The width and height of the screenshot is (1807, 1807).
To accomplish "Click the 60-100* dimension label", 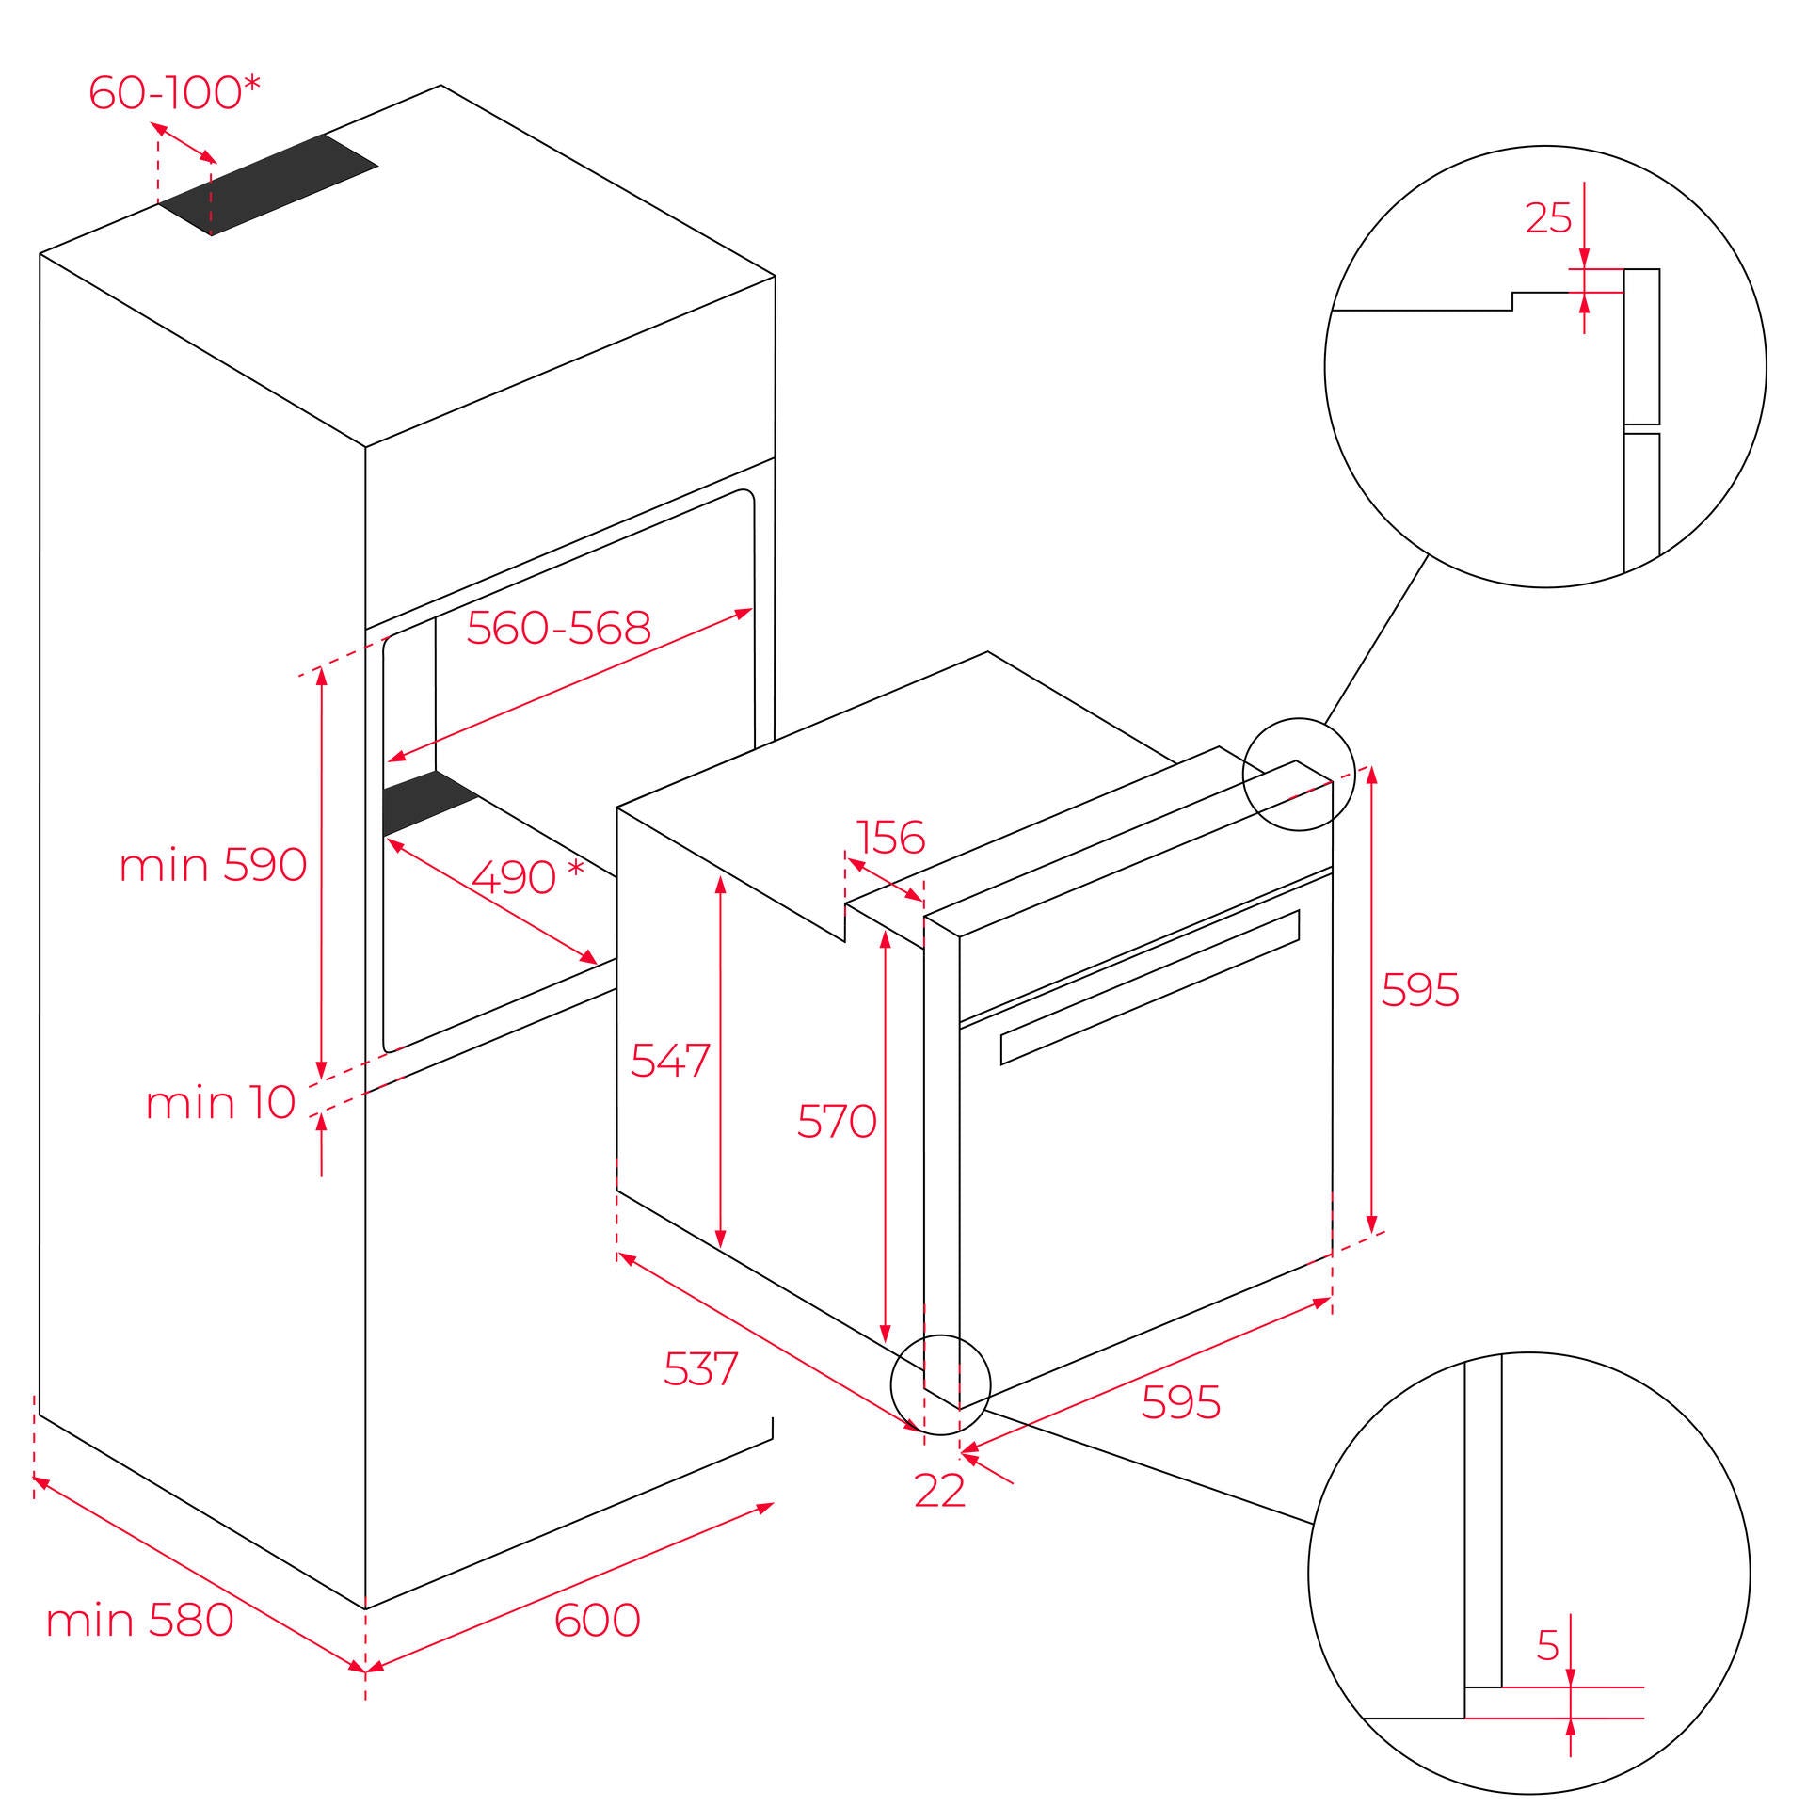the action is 174,92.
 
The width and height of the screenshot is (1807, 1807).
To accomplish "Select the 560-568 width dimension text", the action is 559,627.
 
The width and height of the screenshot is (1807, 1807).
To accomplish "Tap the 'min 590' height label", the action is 213,864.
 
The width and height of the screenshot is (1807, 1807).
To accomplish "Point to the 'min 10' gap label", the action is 220,1102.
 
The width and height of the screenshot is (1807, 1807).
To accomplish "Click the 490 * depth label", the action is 528,877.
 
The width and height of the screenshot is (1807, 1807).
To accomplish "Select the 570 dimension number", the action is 837,1121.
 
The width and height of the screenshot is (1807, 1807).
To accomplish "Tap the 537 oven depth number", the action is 701,1368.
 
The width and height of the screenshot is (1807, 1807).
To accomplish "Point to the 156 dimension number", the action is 890,838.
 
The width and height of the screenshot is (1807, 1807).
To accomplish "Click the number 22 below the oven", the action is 940,1490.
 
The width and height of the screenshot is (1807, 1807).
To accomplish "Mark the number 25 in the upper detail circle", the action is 1548,218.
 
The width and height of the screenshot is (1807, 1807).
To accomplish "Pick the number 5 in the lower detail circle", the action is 1548,1644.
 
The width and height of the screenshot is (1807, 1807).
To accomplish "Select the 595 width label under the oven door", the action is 1181,1402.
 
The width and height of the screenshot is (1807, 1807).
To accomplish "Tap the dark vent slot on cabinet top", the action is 268,184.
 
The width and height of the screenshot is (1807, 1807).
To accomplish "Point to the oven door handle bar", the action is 1150,987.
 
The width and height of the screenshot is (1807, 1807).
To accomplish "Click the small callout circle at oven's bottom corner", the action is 940,1384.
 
